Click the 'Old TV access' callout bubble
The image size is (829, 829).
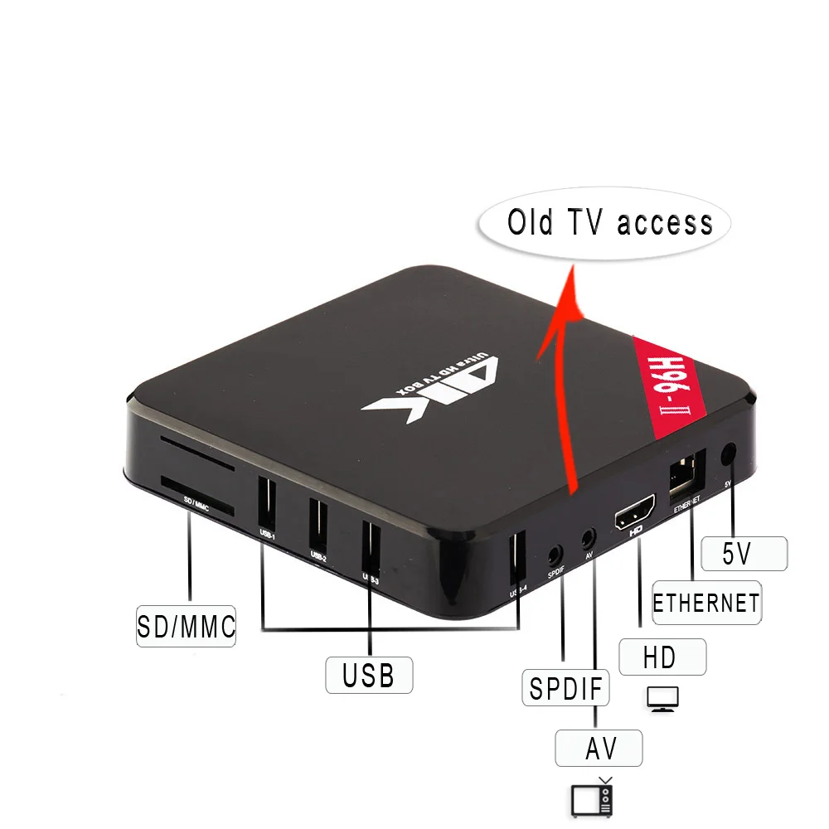tap(609, 222)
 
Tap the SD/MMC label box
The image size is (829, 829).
tap(187, 625)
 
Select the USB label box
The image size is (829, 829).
tap(369, 675)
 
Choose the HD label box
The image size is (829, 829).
tap(661, 657)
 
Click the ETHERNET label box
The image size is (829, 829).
tap(705, 602)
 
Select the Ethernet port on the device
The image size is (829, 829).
tap(686, 473)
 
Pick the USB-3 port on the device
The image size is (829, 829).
tap(371, 543)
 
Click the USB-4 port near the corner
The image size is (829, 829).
tap(516, 556)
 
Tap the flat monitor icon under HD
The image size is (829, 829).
tap(662, 699)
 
